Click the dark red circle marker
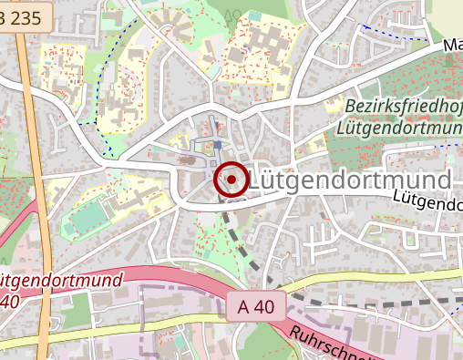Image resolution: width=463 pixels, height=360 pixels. pyautogui.click(x=231, y=180)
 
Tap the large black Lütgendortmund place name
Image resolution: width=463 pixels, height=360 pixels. pyautogui.click(x=350, y=180)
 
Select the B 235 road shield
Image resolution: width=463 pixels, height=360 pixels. pyautogui.click(x=19, y=19)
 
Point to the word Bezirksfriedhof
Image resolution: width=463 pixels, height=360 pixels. pyautogui.click(x=402, y=107)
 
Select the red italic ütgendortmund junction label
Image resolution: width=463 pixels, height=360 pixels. pyautogui.click(x=60, y=280)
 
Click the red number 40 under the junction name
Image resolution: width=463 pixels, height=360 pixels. pyautogui.click(x=9, y=300)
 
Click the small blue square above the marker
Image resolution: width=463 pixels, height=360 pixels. pyautogui.click(x=218, y=145)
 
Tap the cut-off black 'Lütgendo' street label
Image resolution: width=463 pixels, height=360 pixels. pyautogui.click(x=428, y=202)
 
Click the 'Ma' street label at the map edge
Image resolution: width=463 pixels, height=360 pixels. pyautogui.click(x=453, y=44)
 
